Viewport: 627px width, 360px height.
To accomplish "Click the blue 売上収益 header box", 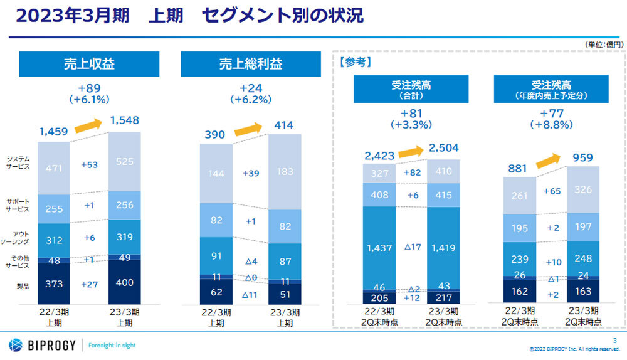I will click(89, 64).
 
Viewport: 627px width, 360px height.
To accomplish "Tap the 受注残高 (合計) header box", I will click(411, 88).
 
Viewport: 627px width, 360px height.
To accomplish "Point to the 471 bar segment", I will click(55, 167).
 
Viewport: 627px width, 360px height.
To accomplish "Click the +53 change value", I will click(90, 165).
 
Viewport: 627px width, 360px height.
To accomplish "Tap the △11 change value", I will click(251, 292).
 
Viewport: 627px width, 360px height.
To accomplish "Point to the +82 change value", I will click(411, 172).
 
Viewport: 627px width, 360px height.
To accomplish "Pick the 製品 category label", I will click(23, 286).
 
